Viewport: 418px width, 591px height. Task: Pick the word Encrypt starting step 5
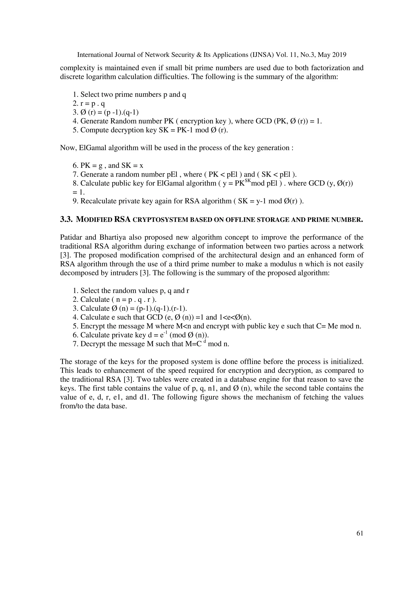coord(93,326)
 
